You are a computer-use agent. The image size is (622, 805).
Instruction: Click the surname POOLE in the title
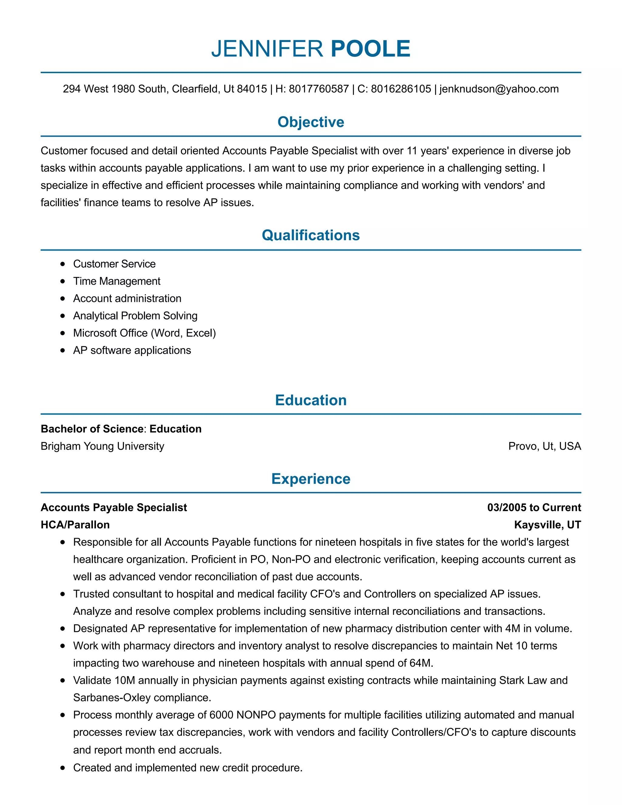click(370, 49)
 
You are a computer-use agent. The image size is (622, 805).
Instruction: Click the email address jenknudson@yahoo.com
click(499, 89)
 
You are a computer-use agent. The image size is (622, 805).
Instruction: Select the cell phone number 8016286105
click(401, 89)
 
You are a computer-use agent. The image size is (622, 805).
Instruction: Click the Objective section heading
click(311, 122)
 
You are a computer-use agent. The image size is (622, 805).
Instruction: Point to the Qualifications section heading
click(311, 235)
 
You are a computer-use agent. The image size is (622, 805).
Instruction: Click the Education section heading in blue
click(311, 400)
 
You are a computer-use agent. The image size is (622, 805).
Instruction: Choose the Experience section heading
click(311, 479)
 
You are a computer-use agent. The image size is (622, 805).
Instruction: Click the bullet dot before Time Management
click(63, 281)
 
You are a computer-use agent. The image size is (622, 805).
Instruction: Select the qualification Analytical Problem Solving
click(135, 316)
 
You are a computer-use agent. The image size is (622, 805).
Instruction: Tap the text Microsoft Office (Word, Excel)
click(145, 333)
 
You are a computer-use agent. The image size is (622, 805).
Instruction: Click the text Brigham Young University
click(102, 446)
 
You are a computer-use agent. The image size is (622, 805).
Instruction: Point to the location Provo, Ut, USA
click(544, 446)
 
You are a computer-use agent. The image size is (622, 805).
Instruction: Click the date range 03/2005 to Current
click(534, 508)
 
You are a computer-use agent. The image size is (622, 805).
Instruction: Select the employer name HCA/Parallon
click(75, 525)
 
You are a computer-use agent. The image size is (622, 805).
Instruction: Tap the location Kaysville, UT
click(547, 525)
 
